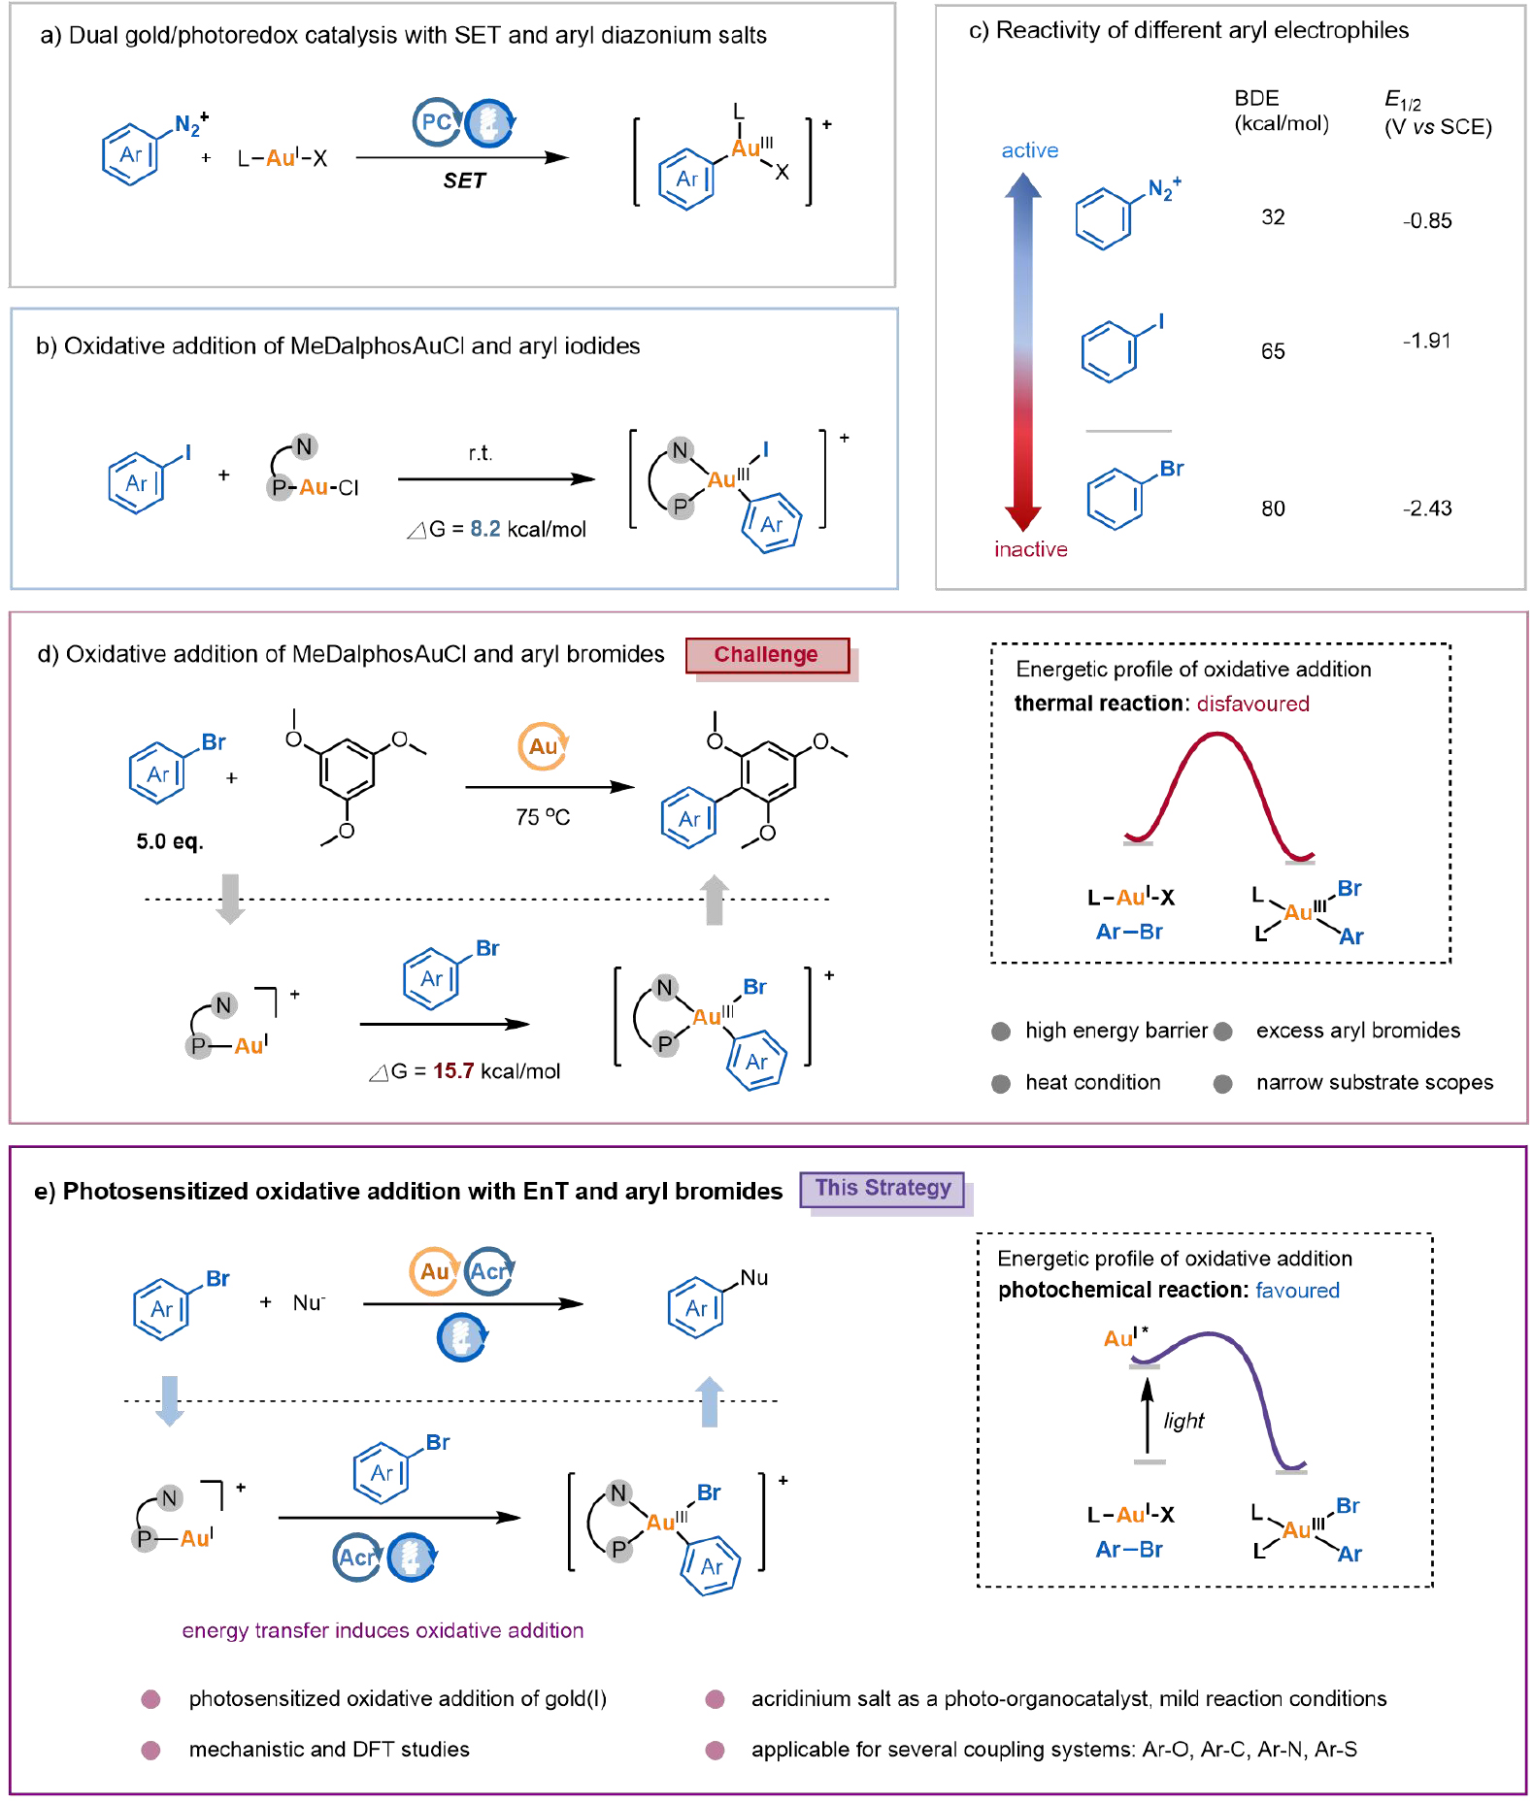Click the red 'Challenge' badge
766,655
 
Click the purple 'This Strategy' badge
883,1189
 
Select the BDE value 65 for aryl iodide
1273,351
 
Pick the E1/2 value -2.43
1426,508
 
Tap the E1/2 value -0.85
1426,221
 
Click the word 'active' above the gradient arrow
1029,150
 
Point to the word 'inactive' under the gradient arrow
1030,549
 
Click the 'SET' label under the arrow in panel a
463,181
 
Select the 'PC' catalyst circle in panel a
436,122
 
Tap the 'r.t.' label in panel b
480,453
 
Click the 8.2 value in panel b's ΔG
485,529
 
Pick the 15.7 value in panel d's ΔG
453,1071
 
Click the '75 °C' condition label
542,817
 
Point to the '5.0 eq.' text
170,841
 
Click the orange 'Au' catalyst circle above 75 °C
543,746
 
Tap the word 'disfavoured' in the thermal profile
1252,704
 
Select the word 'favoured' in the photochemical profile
1297,1291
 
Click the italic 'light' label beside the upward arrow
1183,1421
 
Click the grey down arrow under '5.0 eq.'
230,899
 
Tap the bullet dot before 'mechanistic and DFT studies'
150,1750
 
